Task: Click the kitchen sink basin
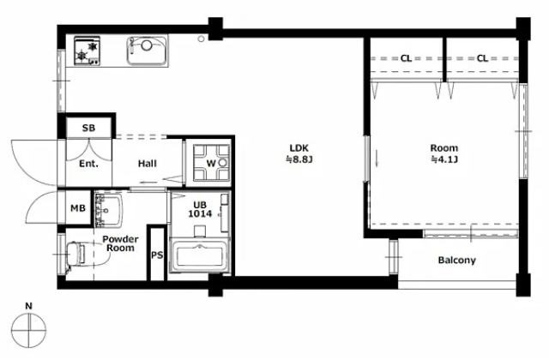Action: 147,51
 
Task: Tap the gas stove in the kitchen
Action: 87,51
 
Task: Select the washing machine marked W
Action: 212,163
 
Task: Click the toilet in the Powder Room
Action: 76,254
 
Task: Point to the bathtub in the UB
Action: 200,255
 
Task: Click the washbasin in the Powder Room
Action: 108,210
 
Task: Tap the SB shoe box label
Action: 88,128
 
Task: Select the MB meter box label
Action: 78,208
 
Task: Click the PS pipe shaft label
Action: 157,255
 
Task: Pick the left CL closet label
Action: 406,58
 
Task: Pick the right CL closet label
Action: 482,58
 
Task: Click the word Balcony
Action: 457,261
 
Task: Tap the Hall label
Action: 147,164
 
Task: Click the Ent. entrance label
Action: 88,164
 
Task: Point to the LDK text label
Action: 299,148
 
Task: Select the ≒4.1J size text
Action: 444,159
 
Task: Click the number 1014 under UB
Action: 200,213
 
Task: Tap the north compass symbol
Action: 28,330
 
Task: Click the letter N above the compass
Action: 28,306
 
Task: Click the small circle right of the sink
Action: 201,39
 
